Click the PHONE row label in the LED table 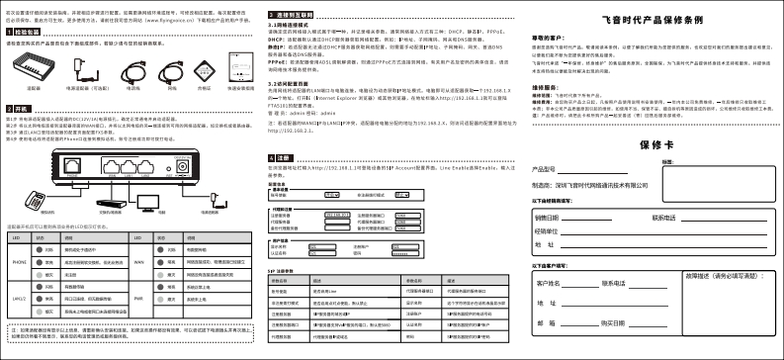[x=19, y=263]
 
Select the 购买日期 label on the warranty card [x=619, y=322]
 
